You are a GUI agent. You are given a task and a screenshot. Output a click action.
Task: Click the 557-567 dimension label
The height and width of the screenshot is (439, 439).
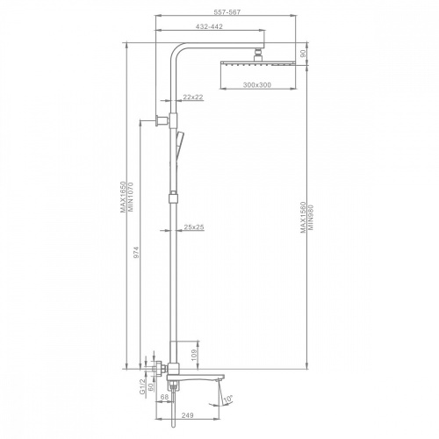coord(227,12)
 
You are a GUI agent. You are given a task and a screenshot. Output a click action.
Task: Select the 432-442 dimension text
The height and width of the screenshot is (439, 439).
coord(209,26)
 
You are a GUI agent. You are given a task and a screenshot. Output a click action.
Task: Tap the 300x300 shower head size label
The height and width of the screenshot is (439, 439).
coord(257,85)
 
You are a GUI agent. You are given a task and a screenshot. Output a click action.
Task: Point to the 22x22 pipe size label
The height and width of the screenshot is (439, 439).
coord(193,97)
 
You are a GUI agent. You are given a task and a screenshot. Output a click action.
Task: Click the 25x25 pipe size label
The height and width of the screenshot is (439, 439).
coord(194,227)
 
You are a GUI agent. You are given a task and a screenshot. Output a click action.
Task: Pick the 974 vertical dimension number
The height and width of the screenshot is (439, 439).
coord(136,252)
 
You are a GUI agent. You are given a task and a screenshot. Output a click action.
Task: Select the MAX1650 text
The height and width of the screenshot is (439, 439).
coord(123,197)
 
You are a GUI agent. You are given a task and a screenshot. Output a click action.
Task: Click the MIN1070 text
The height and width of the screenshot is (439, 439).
coord(130,197)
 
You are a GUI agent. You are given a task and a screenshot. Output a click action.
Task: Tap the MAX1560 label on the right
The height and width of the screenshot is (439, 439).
coord(304,217)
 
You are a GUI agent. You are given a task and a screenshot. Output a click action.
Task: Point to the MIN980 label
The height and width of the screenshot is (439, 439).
coord(311,217)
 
